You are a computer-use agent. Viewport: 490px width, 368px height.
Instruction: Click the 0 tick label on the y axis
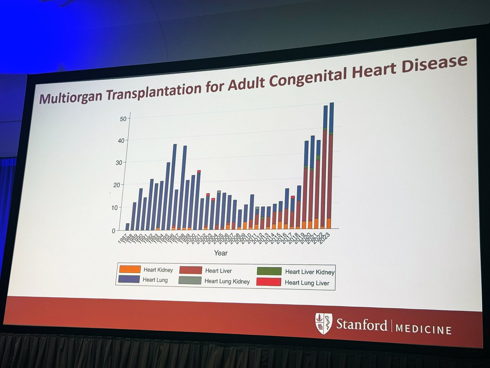pyautogui.click(x=114, y=231)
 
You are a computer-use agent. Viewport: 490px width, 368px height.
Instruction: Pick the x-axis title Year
pyautogui.click(x=220, y=253)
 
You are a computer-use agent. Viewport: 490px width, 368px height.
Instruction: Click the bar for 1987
pyautogui.click(x=127, y=227)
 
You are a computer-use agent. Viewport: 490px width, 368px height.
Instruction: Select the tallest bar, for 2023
pyautogui.click(x=330, y=164)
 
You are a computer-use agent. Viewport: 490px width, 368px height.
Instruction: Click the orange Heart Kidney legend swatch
pyautogui.click(x=130, y=269)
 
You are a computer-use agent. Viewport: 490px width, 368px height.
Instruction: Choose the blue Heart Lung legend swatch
pyautogui.click(x=130, y=280)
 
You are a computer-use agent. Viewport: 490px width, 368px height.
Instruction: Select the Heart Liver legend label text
pyautogui.click(x=218, y=271)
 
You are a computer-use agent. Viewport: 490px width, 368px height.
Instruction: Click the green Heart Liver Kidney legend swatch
pyautogui.click(x=269, y=272)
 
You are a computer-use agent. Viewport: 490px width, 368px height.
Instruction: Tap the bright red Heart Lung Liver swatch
pyautogui.click(x=269, y=282)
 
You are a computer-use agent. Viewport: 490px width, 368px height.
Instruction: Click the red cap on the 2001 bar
pyautogui.click(x=199, y=171)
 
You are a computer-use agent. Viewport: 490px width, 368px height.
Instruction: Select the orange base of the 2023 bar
pyautogui.click(x=329, y=223)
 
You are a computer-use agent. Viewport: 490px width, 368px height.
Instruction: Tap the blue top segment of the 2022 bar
pyautogui.click(x=325, y=117)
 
